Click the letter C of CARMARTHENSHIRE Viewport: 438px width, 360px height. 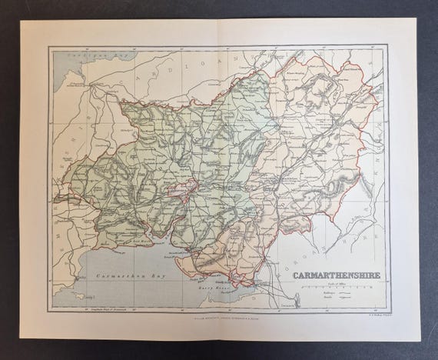(x=294, y=273)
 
